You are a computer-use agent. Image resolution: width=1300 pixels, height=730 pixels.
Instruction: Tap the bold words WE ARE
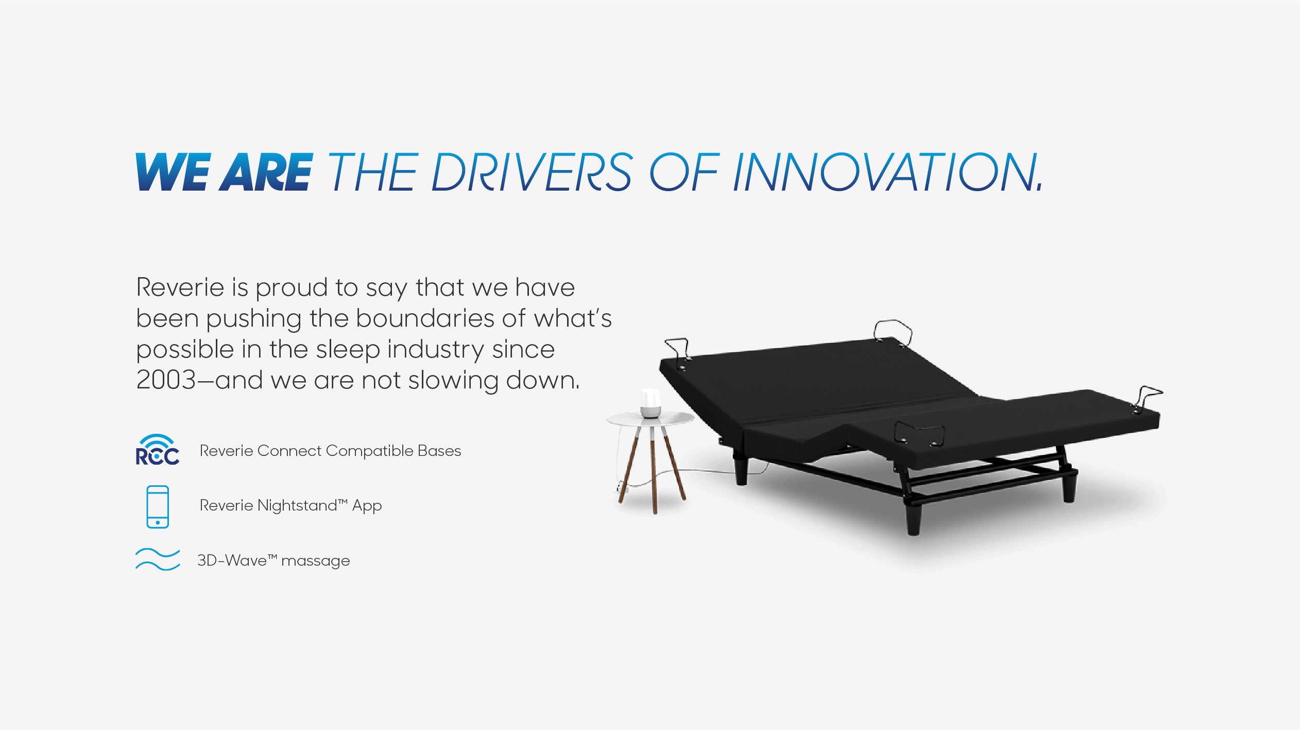(224, 172)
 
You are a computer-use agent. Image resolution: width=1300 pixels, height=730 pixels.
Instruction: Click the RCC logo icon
(158, 450)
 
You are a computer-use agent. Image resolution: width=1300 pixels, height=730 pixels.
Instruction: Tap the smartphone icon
(158, 506)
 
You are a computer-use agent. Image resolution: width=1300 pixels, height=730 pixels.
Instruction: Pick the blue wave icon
(158, 559)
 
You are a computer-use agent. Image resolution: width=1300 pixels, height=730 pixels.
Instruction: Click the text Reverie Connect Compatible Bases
(330, 451)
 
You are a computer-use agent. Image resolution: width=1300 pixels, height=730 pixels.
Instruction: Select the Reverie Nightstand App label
(290, 506)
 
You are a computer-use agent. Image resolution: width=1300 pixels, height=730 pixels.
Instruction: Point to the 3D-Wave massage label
(273, 561)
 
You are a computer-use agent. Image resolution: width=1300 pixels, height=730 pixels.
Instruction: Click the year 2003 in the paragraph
(166, 380)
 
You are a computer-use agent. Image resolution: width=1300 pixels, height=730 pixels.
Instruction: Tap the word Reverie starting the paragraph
(180, 287)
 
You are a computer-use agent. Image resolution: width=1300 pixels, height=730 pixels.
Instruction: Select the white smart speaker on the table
(651, 403)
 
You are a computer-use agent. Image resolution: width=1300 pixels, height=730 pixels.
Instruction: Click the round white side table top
(651, 418)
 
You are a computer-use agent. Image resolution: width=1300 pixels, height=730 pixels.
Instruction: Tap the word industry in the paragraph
(436, 350)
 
